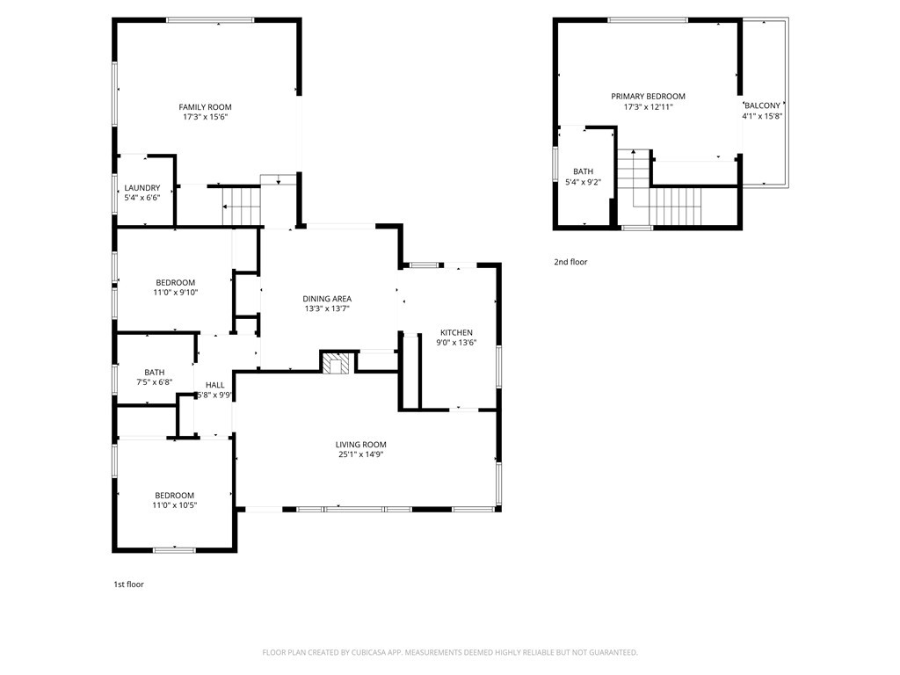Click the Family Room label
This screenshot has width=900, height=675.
[207, 107]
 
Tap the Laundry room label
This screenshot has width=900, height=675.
[142, 187]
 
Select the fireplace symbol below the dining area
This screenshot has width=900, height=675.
[336, 363]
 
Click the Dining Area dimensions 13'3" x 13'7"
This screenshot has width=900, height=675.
[327, 308]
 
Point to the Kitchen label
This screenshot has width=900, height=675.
[456, 332]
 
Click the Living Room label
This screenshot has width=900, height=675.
[360, 445]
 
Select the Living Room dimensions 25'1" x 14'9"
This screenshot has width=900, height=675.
[360, 454]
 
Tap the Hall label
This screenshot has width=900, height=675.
[214, 385]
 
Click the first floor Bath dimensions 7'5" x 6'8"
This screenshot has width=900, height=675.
[154, 382]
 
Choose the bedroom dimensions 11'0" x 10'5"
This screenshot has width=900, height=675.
[174, 504]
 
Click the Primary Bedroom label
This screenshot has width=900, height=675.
[648, 97]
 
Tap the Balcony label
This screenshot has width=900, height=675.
[762, 105]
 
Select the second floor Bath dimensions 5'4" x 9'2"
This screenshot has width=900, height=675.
[583, 182]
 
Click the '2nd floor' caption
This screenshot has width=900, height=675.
[570, 262]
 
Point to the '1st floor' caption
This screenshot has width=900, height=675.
[128, 584]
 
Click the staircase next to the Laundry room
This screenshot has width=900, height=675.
[242, 207]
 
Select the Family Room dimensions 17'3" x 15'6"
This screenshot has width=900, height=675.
[207, 117]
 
